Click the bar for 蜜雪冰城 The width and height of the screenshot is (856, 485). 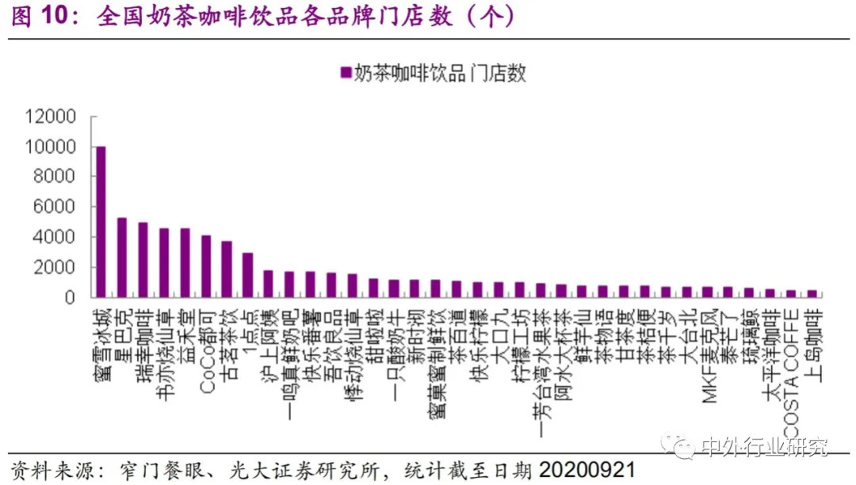(x=101, y=222)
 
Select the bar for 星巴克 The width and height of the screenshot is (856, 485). (x=122, y=258)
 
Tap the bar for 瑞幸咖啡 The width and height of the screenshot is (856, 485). (x=143, y=260)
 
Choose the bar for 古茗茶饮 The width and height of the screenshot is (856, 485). (x=227, y=269)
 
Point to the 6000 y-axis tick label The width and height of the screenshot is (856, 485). (x=54, y=207)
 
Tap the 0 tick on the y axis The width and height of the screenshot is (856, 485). (x=70, y=297)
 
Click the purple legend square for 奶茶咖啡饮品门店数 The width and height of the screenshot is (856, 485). (x=345, y=74)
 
